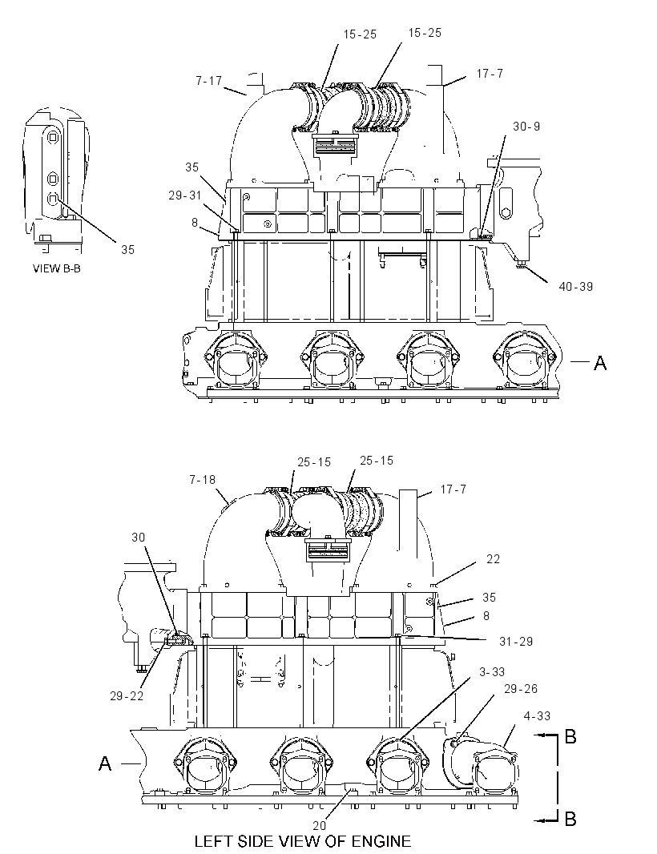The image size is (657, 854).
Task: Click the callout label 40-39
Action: [575, 287]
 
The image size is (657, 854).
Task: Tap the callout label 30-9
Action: [526, 127]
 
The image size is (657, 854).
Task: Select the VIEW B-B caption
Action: [57, 268]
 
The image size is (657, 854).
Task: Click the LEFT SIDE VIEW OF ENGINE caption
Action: [303, 841]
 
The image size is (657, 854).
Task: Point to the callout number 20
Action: [319, 825]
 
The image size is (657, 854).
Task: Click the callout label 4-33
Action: [537, 715]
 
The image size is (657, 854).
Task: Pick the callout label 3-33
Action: [492, 672]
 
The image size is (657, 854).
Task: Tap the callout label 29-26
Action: [520, 689]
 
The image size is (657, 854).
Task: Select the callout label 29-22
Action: [127, 696]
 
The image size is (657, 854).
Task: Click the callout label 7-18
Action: [202, 480]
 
